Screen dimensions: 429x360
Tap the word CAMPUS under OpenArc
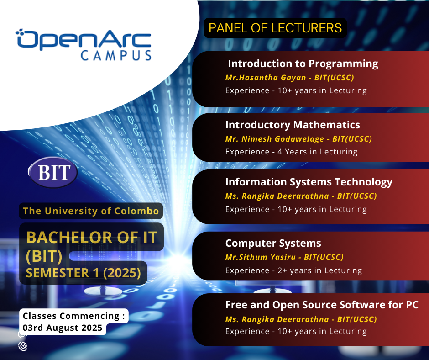point(116,55)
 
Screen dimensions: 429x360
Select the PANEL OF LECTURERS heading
point(275,28)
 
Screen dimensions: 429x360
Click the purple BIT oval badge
point(53,172)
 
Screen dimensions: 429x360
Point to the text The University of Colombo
point(91,211)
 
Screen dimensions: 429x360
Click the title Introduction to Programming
point(303,64)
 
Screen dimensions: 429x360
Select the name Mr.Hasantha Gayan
point(266,78)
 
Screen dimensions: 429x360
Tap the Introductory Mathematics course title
point(293,125)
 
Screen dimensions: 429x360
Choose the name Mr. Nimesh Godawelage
point(274,139)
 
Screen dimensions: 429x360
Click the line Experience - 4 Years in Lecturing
point(291,152)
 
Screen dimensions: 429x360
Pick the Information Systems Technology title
point(309,182)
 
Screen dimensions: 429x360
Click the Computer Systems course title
point(273,243)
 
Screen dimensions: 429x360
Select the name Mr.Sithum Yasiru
point(260,257)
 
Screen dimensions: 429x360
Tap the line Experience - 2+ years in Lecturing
point(293,270)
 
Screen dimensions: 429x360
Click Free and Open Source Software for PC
point(322,305)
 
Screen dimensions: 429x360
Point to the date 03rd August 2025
point(63,328)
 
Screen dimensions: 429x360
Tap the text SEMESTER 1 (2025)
point(83,273)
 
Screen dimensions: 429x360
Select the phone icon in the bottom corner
point(23,346)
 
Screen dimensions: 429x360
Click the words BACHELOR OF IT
point(92,237)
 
